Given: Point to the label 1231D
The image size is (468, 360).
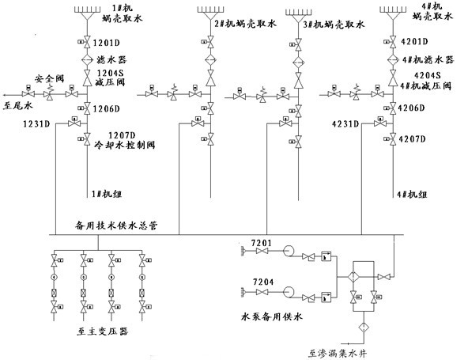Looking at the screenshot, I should point(36,124).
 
